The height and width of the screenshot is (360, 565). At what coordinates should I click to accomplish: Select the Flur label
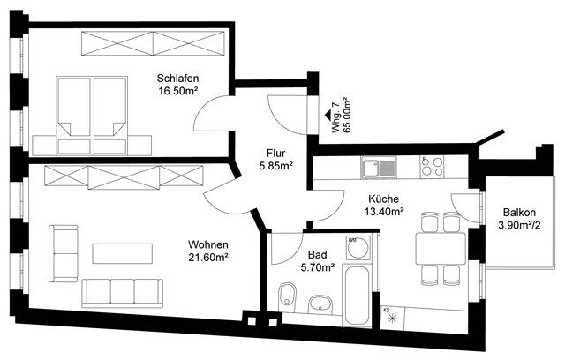coord(276,151)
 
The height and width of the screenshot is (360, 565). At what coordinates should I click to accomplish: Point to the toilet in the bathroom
coord(288,299)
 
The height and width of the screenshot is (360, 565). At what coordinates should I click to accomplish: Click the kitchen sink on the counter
coord(379,166)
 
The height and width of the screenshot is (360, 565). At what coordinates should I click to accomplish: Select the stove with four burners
coord(433,166)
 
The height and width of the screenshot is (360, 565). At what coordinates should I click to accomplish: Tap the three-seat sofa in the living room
coord(124,289)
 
